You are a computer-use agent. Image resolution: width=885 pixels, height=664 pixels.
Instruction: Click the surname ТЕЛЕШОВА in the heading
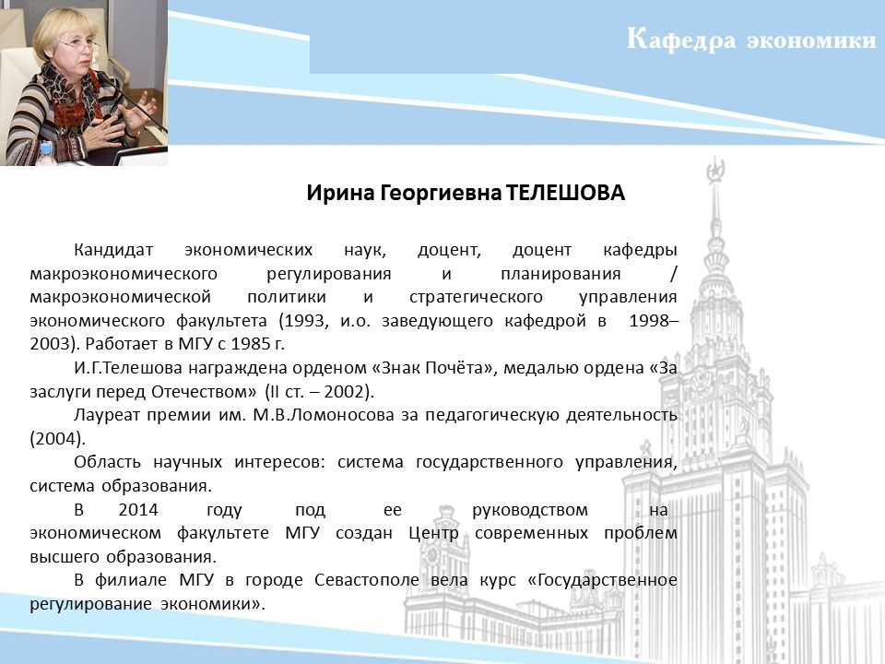point(565,193)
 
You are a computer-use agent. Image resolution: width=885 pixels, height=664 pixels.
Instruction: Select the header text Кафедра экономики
point(751,40)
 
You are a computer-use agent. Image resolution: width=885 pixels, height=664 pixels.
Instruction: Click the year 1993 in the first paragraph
point(305,321)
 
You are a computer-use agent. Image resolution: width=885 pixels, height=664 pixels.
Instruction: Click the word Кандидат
point(113,250)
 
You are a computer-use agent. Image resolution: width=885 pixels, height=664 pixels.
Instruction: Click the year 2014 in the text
point(138,510)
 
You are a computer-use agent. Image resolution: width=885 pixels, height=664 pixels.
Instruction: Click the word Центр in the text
point(433,534)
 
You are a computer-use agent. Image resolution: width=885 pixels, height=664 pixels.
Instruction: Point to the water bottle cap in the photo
point(46,147)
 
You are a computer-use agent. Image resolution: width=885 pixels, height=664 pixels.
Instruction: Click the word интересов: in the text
point(280,462)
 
